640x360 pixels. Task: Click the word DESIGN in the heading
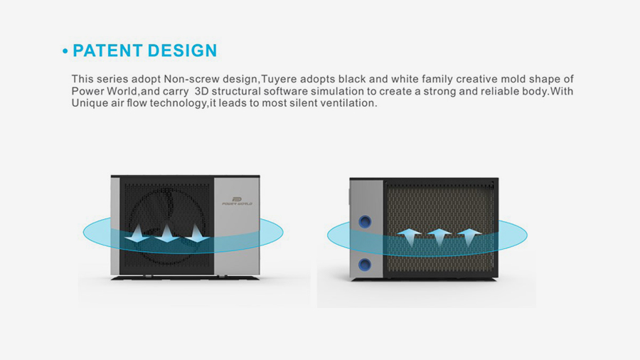(182, 51)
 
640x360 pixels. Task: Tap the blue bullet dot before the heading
(65, 51)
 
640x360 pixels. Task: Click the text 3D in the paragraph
(201, 91)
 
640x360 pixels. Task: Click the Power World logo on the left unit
(237, 201)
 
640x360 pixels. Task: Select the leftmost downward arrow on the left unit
(137, 233)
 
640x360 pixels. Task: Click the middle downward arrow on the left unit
(167, 233)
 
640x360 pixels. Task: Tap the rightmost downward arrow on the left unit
(197, 233)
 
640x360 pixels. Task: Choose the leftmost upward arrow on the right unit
(410, 238)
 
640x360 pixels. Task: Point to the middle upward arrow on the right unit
(439, 238)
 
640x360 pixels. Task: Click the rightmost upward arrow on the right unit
(469, 238)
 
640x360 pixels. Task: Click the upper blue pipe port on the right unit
(366, 222)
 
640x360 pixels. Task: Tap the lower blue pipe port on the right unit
(365, 265)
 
